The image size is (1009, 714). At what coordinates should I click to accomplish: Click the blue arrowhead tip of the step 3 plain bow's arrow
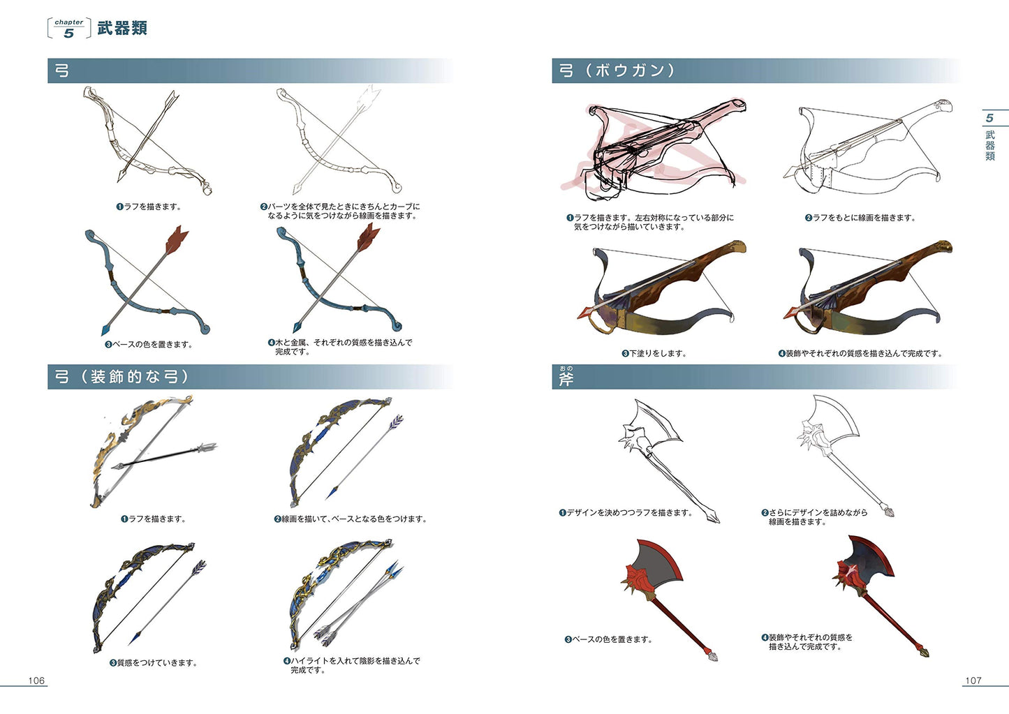pyautogui.click(x=103, y=335)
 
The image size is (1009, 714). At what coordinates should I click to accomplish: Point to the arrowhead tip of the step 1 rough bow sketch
pyautogui.click(x=118, y=181)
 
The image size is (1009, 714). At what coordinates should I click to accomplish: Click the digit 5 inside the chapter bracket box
pyautogui.click(x=68, y=33)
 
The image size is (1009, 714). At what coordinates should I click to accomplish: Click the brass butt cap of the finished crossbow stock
pyautogui.click(x=945, y=246)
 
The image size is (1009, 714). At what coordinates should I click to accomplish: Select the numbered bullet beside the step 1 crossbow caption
pyautogui.click(x=569, y=218)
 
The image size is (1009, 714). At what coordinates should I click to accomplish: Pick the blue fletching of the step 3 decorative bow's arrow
pyautogui.click(x=198, y=567)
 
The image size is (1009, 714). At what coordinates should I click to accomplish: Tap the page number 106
pyautogui.click(x=36, y=680)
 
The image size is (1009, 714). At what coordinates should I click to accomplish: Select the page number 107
pyautogui.click(x=973, y=680)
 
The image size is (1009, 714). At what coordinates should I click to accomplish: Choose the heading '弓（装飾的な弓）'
pyautogui.click(x=121, y=377)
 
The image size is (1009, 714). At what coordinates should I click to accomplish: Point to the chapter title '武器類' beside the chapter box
pyautogui.click(x=122, y=29)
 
